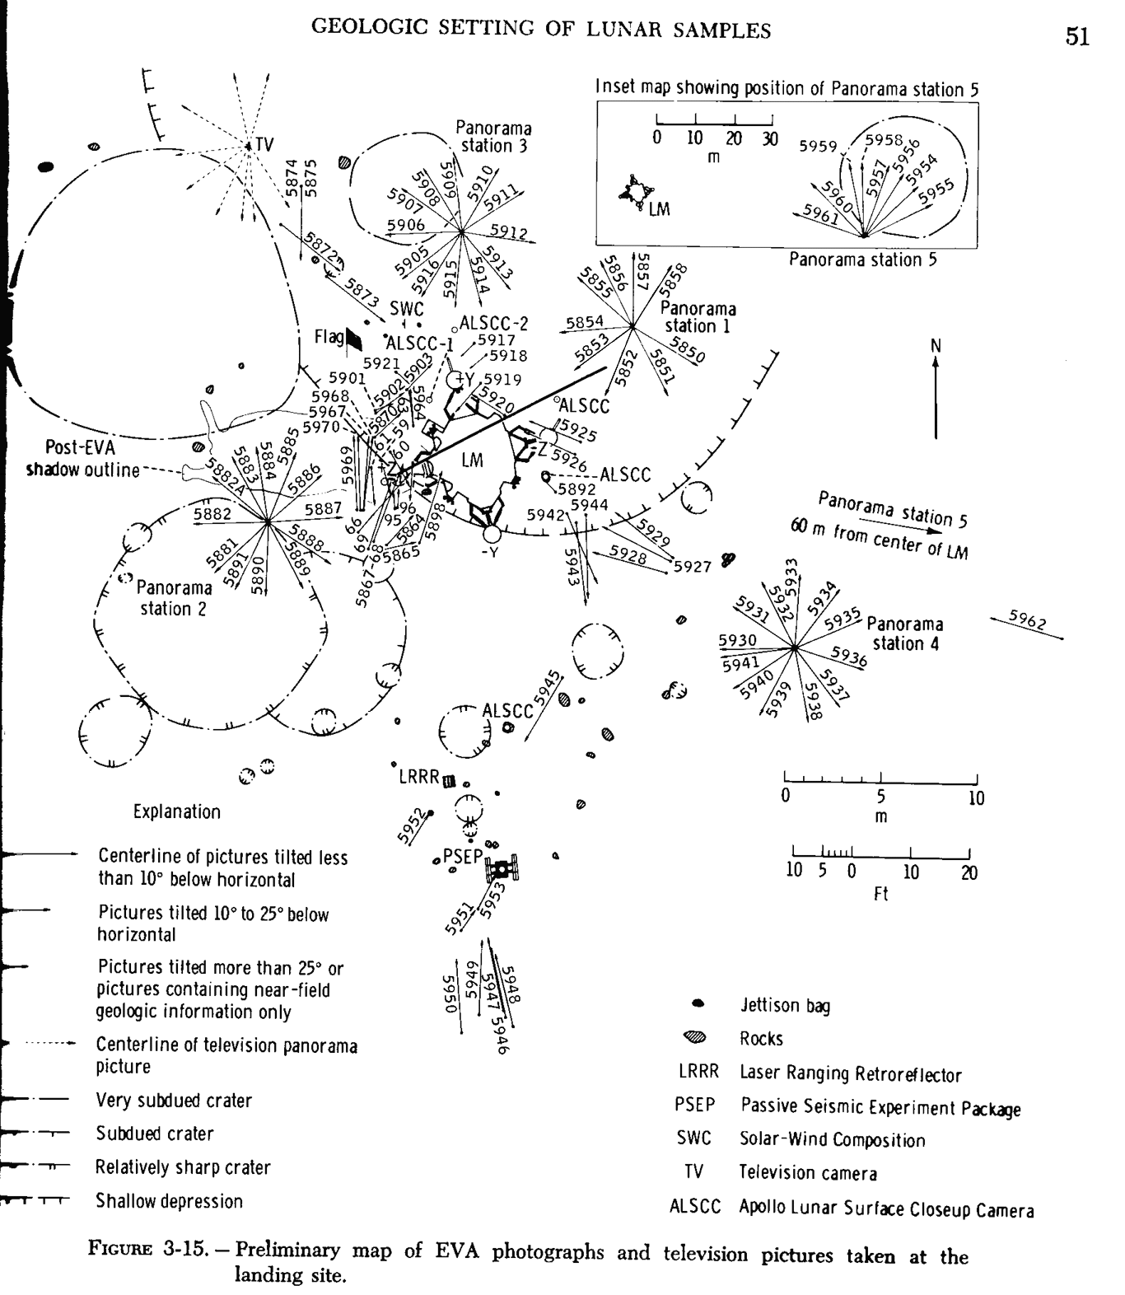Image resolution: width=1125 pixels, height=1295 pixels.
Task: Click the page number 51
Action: (1077, 37)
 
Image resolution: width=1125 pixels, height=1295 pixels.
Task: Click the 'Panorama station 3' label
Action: (493, 137)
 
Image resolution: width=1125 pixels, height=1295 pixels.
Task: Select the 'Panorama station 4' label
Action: (904, 633)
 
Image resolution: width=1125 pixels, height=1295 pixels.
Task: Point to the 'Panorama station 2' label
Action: (173, 598)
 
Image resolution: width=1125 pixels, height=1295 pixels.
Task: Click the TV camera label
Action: (263, 144)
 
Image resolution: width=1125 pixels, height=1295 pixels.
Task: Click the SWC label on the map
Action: (406, 308)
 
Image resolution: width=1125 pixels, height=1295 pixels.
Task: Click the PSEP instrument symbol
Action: (502, 867)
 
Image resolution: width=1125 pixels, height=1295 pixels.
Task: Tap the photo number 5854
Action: (584, 321)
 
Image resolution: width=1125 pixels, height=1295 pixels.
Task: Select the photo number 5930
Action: (737, 640)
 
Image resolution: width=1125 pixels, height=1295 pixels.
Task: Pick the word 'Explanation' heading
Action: (177, 811)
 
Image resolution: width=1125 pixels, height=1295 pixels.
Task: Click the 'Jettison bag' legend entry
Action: (784, 1005)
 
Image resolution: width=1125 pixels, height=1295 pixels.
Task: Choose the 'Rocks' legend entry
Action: (760, 1038)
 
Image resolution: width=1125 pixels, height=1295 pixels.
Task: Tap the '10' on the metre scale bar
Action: (976, 797)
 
